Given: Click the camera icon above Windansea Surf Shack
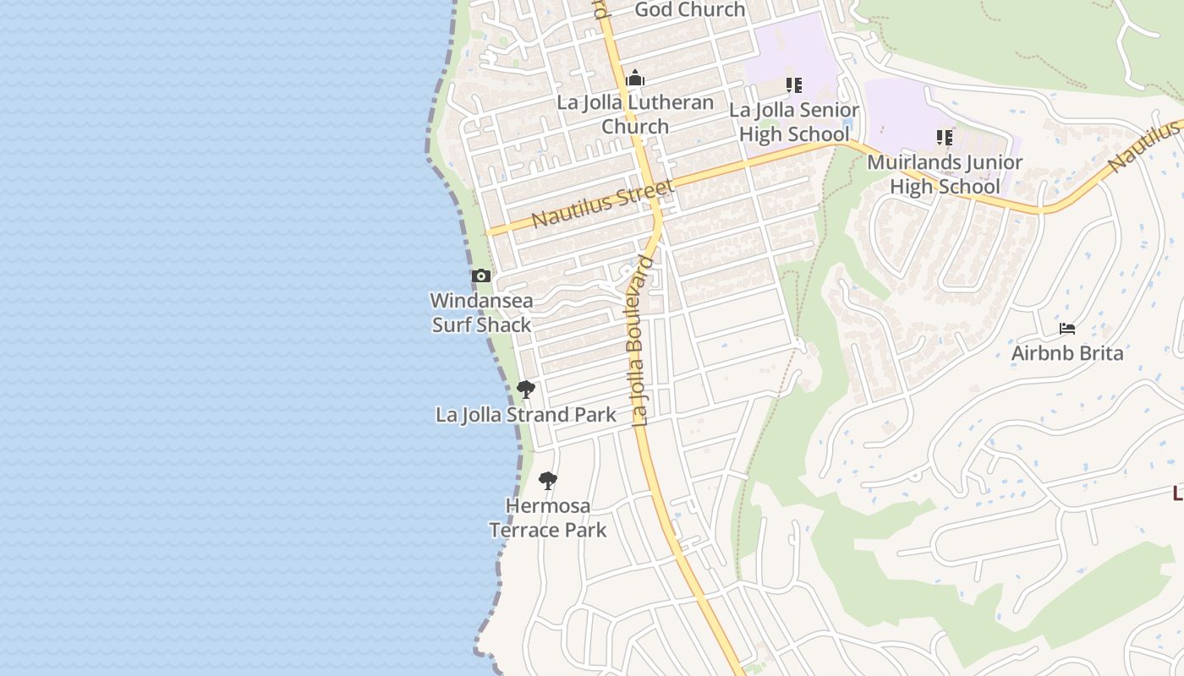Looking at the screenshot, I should coord(480,275).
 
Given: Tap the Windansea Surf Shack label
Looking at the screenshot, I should coord(481,313).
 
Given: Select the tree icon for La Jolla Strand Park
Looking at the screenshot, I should coord(525,390).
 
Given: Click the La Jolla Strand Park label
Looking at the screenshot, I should coord(526,415).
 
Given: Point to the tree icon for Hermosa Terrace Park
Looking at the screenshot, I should coord(548,482).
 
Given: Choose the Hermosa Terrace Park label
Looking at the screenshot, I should coord(548,518).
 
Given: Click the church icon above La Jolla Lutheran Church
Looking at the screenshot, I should coord(635,79).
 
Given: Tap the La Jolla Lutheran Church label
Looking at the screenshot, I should coord(635,114).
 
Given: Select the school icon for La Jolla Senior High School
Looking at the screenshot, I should coord(793,85).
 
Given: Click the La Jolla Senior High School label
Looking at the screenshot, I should coord(794,122).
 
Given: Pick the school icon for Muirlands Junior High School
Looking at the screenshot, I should coord(945,137).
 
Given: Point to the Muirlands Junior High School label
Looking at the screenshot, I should coord(945,174).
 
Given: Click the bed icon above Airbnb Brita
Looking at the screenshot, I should coord(1067,329).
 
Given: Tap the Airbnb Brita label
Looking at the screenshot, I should coord(1067,353).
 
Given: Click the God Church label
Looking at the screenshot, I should coord(689,10).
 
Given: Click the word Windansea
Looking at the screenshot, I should coord(481,301).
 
